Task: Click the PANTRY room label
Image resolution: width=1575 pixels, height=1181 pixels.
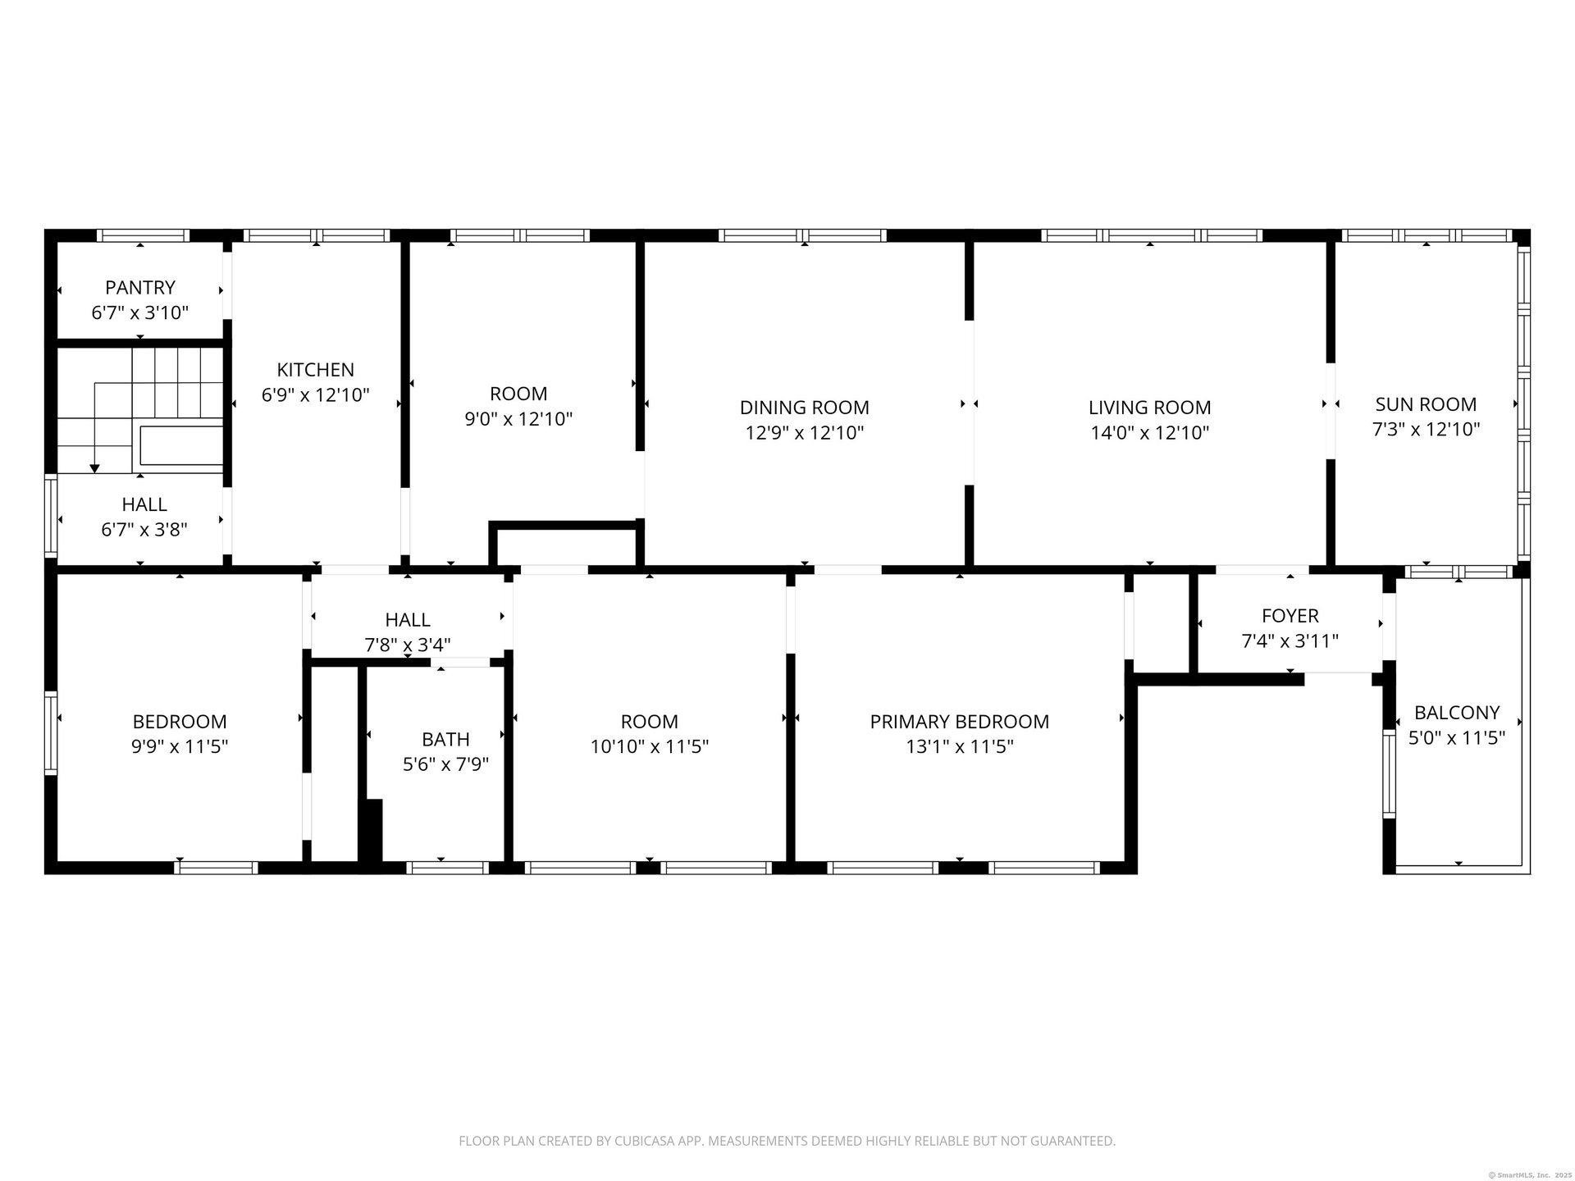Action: click(x=140, y=288)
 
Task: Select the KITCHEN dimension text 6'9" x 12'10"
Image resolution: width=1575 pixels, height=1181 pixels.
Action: click(x=316, y=395)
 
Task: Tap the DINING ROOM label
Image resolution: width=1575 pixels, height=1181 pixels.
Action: click(x=805, y=408)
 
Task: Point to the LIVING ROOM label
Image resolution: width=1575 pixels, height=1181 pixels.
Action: click(x=1150, y=408)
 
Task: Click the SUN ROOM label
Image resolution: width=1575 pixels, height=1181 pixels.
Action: click(x=1427, y=404)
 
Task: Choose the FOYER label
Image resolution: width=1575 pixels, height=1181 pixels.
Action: click(x=1290, y=616)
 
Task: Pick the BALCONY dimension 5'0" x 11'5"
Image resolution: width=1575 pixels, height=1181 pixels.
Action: click(x=1457, y=738)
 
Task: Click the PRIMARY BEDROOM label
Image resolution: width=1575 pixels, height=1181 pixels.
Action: click(x=960, y=722)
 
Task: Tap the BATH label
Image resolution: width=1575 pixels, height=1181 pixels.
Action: click(x=446, y=740)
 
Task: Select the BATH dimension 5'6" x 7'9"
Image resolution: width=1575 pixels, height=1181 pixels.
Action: click(x=446, y=764)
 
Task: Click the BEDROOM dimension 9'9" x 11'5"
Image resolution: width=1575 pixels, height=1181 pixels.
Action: click(x=180, y=746)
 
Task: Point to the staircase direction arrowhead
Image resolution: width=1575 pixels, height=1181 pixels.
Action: click(x=94, y=468)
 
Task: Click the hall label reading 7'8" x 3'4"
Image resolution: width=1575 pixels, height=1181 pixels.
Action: click(x=408, y=645)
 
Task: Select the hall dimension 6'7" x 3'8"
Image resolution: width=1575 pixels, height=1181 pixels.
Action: click(x=144, y=530)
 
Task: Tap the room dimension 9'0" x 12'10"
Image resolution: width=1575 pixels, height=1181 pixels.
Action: click(x=518, y=419)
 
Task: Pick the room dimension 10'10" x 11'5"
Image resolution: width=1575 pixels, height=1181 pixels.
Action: click(x=650, y=746)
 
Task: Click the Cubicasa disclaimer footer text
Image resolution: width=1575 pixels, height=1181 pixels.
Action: click(x=787, y=1141)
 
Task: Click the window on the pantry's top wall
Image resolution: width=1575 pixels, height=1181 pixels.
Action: click(x=144, y=235)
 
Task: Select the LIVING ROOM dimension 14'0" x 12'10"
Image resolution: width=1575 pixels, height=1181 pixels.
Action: click(x=1150, y=433)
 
